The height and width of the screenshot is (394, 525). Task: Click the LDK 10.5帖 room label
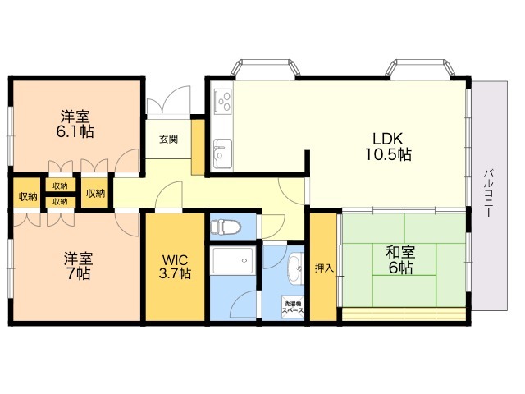pyautogui.click(x=388, y=146)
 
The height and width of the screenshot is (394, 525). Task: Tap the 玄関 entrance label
pyautogui.click(x=168, y=139)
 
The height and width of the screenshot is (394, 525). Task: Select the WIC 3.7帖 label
pyautogui.click(x=175, y=267)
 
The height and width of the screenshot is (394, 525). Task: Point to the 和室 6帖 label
pyautogui.click(x=400, y=260)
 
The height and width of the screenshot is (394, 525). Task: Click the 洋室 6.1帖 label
pyautogui.click(x=75, y=124)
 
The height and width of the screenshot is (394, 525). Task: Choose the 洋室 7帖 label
pyautogui.click(x=79, y=266)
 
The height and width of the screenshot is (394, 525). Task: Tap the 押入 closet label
pyautogui.click(x=325, y=268)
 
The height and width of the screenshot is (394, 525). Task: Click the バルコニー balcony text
pyautogui.click(x=489, y=194)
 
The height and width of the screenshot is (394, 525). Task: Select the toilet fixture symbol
pyautogui.click(x=226, y=227)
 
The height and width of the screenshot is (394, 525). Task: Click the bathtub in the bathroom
pyautogui.click(x=233, y=261)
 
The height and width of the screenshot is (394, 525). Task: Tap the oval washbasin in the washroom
pyautogui.click(x=295, y=268)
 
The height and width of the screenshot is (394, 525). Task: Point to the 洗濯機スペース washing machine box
pyautogui.click(x=293, y=306)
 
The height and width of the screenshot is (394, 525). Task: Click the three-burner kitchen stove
pyautogui.click(x=223, y=101)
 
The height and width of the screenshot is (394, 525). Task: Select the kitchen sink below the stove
pyautogui.click(x=222, y=153)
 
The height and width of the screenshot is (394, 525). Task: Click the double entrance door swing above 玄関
pyautogui.click(x=169, y=100)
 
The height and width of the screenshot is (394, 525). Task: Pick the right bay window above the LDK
pyautogui.click(x=420, y=69)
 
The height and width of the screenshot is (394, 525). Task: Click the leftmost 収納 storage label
pyautogui.click(x=28, y=197)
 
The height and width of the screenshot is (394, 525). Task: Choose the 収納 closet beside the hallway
pyautogui.click(x=96, y=194)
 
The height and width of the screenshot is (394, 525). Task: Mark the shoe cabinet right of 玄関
pyautogui.click(x=198, y=147)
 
